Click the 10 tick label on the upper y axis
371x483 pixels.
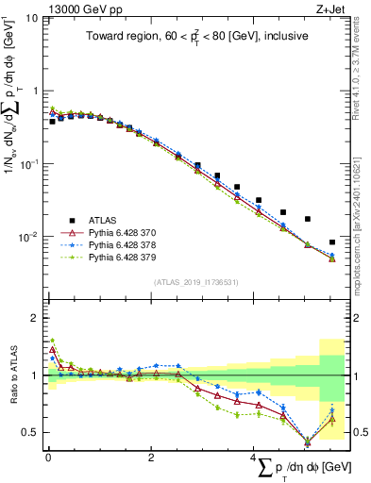30,18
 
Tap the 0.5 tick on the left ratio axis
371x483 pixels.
30,432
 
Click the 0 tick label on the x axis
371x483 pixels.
48,457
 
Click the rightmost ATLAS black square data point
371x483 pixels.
331,242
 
